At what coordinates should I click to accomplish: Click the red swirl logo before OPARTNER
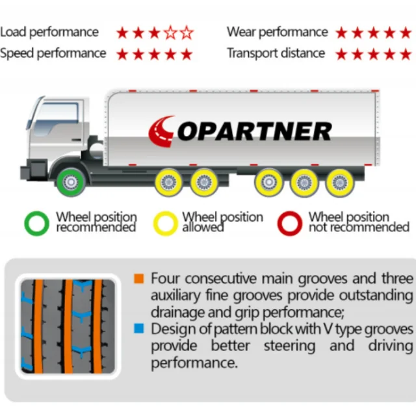click(x=161, y=131)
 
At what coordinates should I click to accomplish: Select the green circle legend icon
click(x=36, y=223)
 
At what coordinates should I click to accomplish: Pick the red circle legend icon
click(x=290, y=223)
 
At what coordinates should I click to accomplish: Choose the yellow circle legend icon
click(x=165, y=223)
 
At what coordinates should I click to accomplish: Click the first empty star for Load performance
click(x=170, y=32)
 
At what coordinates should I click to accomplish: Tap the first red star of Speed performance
click(x=122, y=54)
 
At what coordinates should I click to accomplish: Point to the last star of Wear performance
click(x=406, y=32)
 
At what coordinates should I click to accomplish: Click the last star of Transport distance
click(x=406, y=54)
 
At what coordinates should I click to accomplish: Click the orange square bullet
click(x=139, y=279)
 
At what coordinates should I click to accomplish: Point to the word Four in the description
click(x=166, y=279)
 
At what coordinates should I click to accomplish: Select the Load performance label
click(x=49, y=32)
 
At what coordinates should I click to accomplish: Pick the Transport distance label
click(x=276, y=53)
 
